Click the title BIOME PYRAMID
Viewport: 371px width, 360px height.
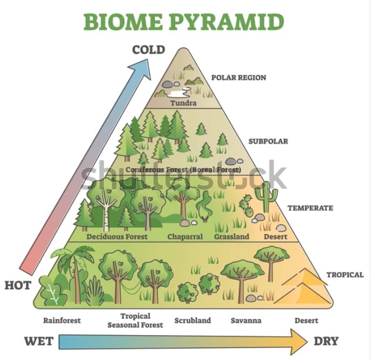click(x=183, y=22)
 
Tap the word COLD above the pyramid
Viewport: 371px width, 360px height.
click(x=149, y=50)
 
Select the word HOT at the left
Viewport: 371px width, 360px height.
click(x=18, y=285)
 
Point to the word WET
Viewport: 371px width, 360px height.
click(x=38, y=341)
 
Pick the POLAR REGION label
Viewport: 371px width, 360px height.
click(x=239, y=77)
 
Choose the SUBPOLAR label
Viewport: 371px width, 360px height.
click(x=268, y=141)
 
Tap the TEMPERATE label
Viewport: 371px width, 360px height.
click(x=310, y=208)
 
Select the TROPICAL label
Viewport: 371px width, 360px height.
click(x=345, y=274)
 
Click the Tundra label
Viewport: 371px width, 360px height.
click(x=183, y=103)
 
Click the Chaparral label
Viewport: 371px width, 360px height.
click(x=185, y=237)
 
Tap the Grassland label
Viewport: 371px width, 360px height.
click(x=231, y=237)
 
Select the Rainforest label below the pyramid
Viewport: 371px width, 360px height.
click(x=62, y=320)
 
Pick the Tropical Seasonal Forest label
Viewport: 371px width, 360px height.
click(x=135, y=320)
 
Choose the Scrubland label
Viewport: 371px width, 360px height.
click(x=193, y=320)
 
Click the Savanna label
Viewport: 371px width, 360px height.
click(x=246, y=320)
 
